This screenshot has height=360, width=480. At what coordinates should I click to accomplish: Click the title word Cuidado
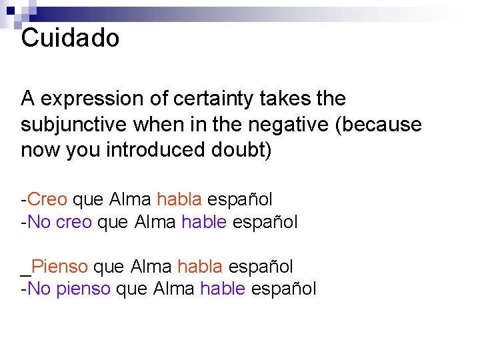pyautogui.click(x=70, y=38)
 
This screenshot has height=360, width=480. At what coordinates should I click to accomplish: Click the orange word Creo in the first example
pyautogui.click(x=49, y=199)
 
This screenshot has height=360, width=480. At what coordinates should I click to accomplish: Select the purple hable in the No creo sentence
pyautogui.click(x=203, y=221)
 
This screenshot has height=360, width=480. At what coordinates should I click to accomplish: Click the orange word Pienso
pyautogui.click(x=59, y=267)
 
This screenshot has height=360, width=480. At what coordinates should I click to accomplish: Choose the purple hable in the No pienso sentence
pyautogui.click(x=222, y=289)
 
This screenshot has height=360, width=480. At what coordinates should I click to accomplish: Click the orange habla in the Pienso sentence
pyautogui.click(x=199, y=267)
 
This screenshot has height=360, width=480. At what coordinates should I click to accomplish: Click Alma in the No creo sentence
pyautogui.click(x=155, y=221)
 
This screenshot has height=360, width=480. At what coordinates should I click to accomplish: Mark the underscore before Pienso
pyautogui.click(x=25, y=273)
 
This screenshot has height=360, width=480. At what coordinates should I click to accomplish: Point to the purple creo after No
pyautogui.click(x=73, y=222)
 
